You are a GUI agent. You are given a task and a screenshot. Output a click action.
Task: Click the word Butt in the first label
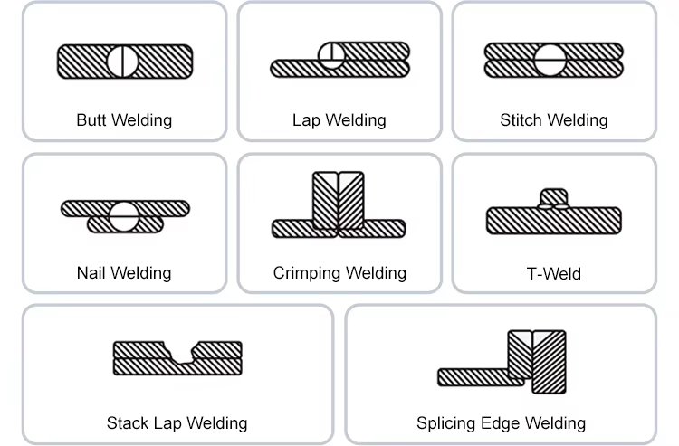91,120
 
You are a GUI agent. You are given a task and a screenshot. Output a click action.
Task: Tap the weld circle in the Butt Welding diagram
122,62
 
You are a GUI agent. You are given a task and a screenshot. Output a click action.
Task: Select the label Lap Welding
339,120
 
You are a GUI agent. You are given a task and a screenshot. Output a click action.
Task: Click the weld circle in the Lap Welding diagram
331,56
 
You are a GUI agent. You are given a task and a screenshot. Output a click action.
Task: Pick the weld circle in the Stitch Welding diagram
550,60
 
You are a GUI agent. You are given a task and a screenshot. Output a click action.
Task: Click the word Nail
91,273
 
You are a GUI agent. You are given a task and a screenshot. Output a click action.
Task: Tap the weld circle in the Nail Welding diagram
124,216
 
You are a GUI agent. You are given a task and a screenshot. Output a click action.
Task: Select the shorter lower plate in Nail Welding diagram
125,225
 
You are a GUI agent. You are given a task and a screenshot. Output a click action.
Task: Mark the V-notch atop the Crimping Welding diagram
339,179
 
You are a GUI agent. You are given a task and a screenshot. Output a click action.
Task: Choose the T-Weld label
554,274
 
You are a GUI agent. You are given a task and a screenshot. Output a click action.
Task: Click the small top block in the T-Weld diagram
554,197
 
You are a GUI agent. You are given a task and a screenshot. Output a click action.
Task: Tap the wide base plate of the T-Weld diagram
554,221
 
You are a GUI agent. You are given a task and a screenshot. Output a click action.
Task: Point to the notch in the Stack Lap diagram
181,353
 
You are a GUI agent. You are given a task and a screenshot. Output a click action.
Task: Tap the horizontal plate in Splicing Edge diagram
481,377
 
